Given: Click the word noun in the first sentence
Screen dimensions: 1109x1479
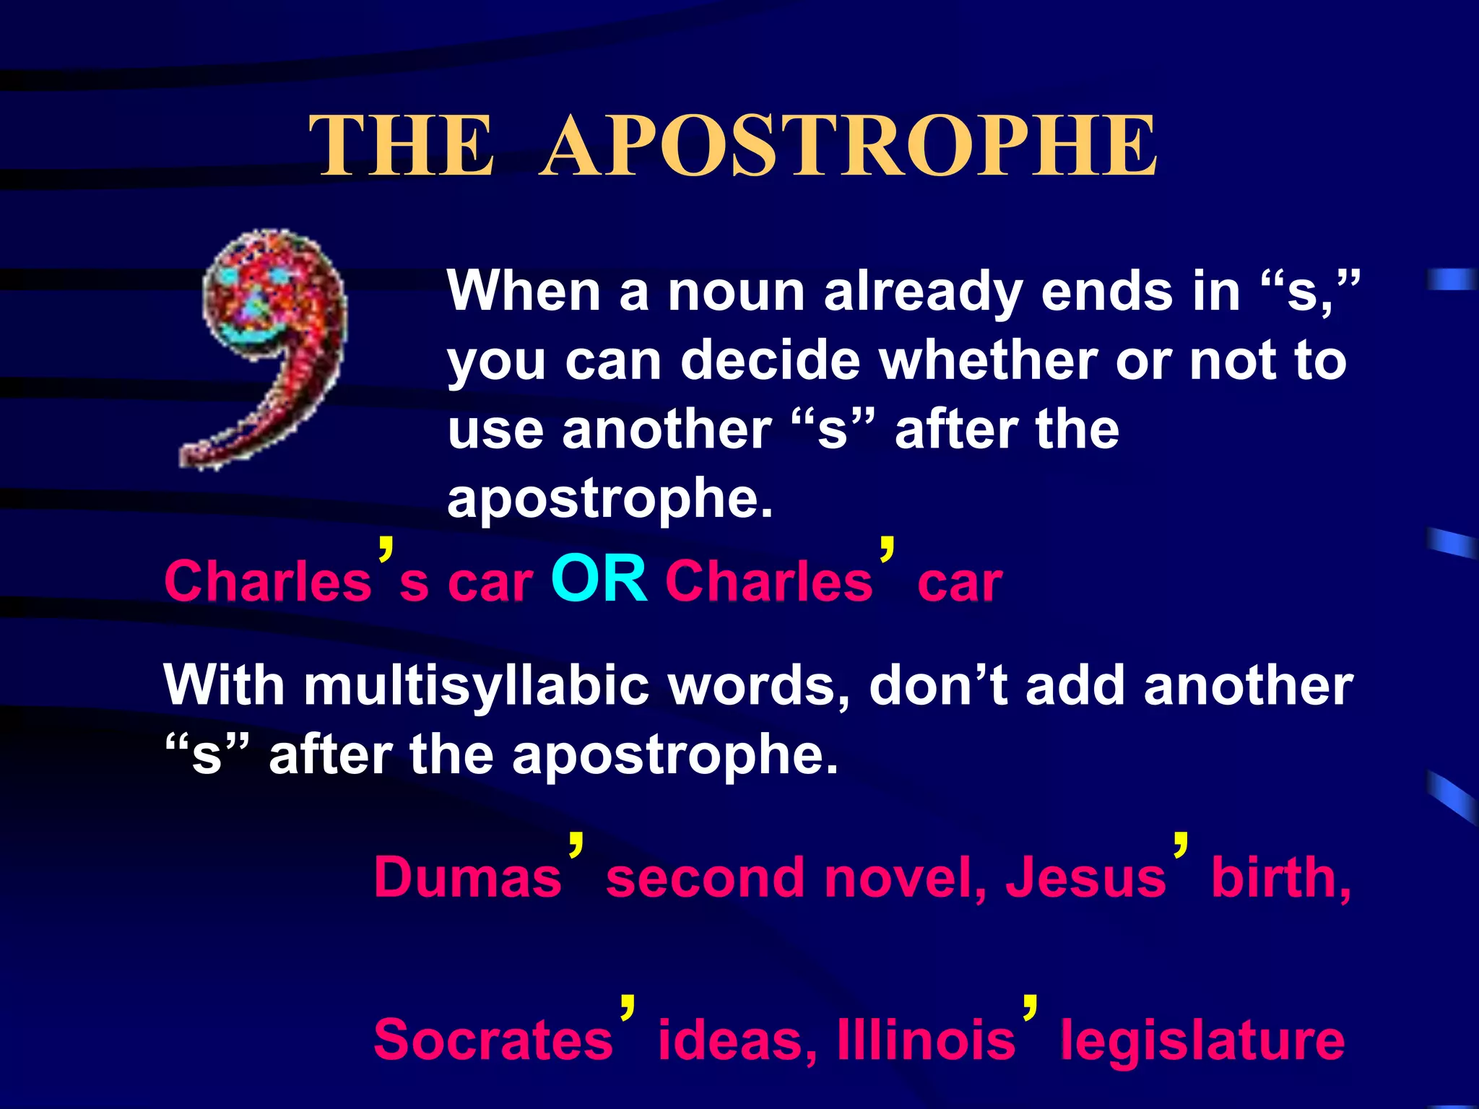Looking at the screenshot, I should pyautogui.click(x=736, y=292).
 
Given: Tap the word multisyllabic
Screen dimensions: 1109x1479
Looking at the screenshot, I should pyautogui.click(x=477, y=686).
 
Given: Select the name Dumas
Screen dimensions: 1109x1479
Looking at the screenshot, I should pyautogui.click(x=468, y=878).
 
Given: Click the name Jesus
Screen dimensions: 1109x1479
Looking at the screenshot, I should pyautogui.click(x=1085, y=878).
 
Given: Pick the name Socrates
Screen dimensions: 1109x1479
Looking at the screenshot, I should pyautogui.click(x=493, y=1040).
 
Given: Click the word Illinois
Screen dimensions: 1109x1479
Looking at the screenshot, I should pyautogui.click(x=927, y=1040).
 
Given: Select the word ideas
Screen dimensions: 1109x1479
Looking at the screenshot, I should pyautogui.click(x=737, y=1040).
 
